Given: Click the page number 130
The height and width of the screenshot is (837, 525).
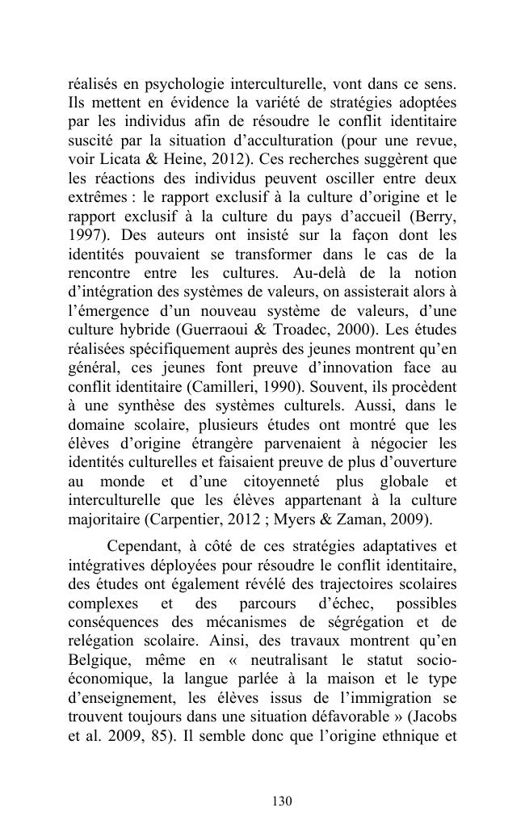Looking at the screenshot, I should pyautogui.click(x=281, y=801).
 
